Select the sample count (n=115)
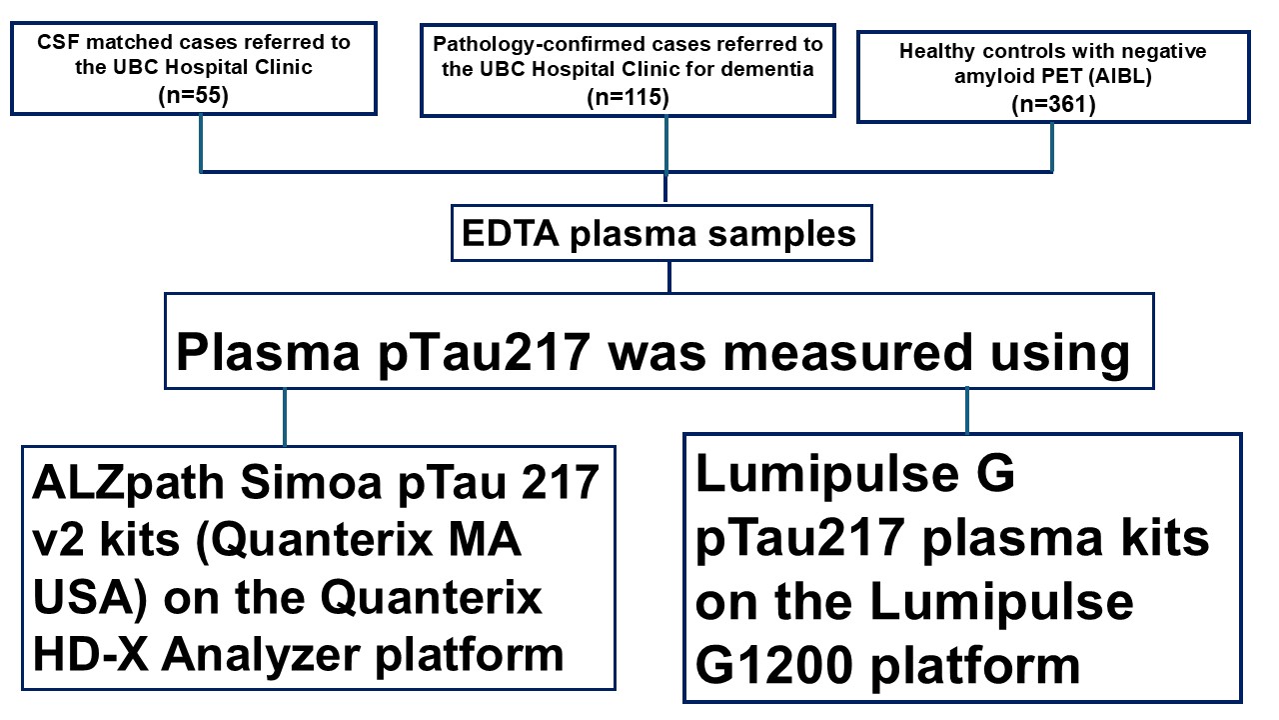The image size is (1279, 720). [627, 98]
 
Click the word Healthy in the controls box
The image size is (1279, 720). [935, 51]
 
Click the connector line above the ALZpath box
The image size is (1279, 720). [285, 417]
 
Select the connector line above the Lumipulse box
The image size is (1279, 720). [966, 410]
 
